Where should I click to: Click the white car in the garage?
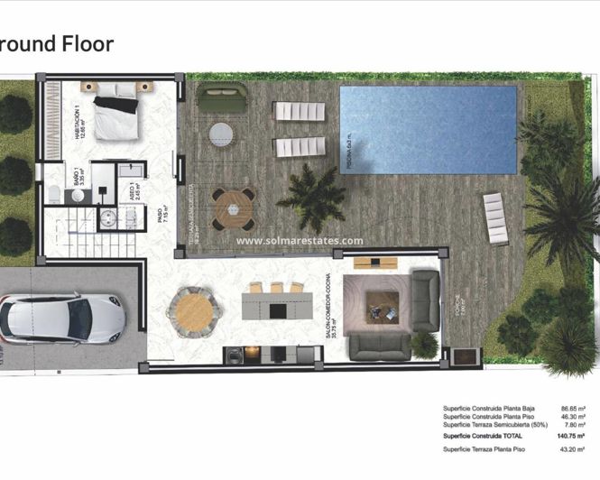tap(61, 318)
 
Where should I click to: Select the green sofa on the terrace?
tap(222, 98)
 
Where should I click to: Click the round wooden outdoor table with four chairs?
tap(234, 209)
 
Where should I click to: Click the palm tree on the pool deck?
tap(311, 196)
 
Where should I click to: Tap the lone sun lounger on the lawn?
tap(495, 218)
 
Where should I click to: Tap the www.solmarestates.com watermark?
tap(300, 241)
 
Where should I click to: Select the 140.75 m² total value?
tap(568, 436)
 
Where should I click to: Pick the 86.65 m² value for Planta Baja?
tap(569, 409)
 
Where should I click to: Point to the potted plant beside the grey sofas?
tap(423, 343)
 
